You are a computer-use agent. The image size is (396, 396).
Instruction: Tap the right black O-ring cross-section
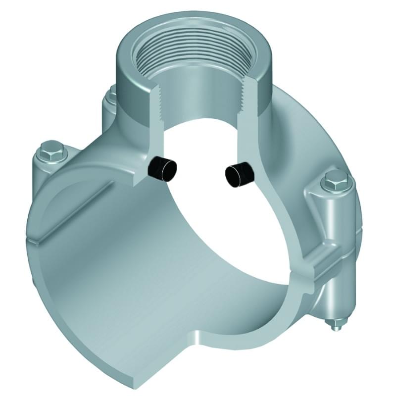point(239,174)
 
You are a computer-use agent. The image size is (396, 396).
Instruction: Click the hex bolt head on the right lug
point(335,183)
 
